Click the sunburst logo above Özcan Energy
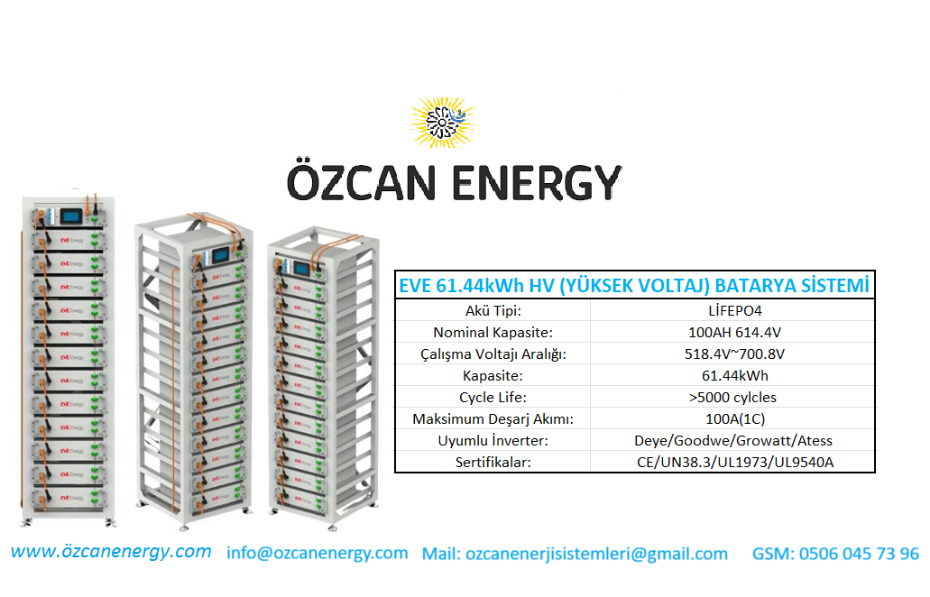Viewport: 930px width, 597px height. tap(443, 123)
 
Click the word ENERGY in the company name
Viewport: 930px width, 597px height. tap(537, 183)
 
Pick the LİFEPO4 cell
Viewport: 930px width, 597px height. tap(735, 310)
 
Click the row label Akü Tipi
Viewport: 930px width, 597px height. tap(493, 310)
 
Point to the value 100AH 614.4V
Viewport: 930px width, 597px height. tap(735, 333)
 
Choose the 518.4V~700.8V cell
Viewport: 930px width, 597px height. tap(734, 354)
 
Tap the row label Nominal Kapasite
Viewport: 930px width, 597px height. tap(493, 333)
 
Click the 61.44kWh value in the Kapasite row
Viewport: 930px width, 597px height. tap(735, 376)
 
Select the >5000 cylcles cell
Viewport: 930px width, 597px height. tap(733, 397)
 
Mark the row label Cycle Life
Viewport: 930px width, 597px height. tap(493, 397)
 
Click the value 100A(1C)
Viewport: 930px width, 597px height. tap(735, 419)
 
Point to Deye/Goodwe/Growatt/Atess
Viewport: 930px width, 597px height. tap(733, 440)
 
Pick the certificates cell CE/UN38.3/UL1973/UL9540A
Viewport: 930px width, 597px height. tap(735, 463)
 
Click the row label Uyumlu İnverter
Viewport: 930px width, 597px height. tap(493, 440)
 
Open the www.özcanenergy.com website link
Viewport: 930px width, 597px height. tap(111, 551)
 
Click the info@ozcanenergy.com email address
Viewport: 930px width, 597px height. tap(318, 553)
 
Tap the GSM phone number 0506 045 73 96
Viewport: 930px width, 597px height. tap(859, 554)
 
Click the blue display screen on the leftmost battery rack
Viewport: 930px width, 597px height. tap(70, 216)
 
